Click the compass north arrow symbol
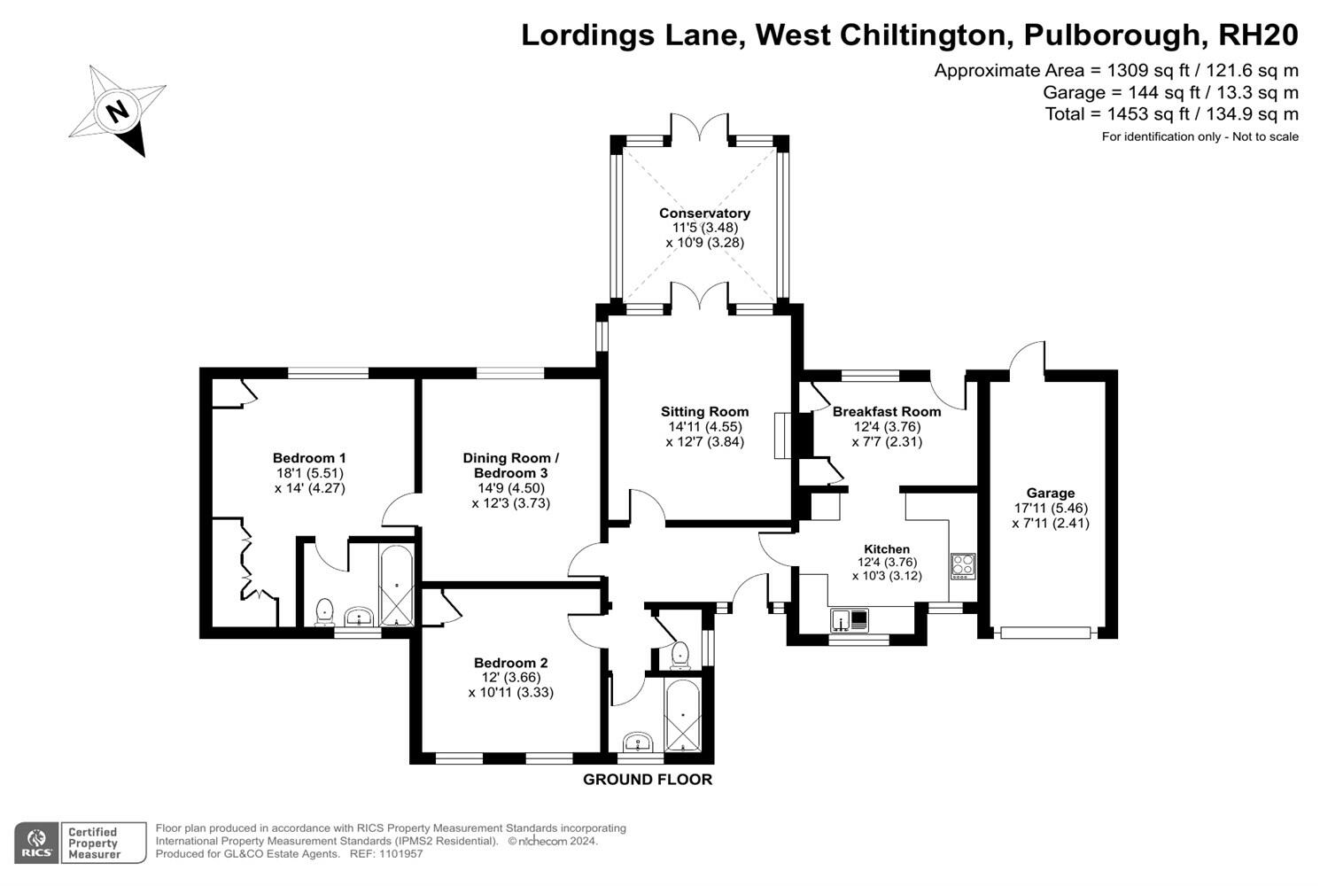click(x=118, y=112)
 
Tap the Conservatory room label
click(x=704, y=214)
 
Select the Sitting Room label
click(x=704, y=412)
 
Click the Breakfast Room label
click(x=887, y=412)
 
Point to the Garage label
click(x=1051, y=494)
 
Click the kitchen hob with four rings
click(x=963, y=565)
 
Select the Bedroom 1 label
click(x=309, y=458)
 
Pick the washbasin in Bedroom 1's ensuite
click(x=360, y=616)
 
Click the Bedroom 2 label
click(x=511, y=663)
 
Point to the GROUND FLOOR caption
click(x=648, y=780)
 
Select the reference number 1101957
click(x=400, y=854)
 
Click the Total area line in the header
click(x=1171, y=114)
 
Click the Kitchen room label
click(x=887, y=549)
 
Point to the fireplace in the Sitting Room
click(x=782, y=435)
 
